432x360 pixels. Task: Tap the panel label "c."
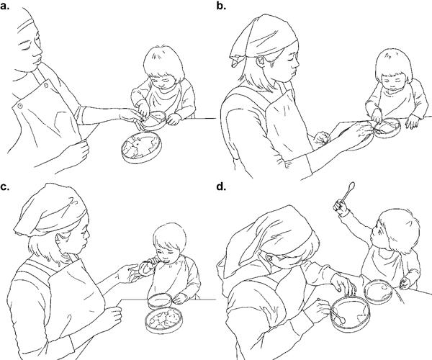(x=5, y=187)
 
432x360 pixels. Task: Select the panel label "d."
(x=221, y=186)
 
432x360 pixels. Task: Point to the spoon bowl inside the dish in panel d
(x=342, y=320)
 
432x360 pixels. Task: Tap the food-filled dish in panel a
(x=142, y=147)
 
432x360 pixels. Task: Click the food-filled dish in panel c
(x=163, y=320)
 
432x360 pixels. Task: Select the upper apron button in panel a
(x=46, y=85)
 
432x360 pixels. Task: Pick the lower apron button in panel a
(x=20, y=106)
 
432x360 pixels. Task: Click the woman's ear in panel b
(x=261, y=61)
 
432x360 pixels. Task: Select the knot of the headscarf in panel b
(x=235, y=60)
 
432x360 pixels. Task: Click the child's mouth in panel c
(x=166, y=260)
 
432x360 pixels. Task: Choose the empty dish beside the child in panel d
(x=378, y=292)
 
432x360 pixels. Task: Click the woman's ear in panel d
(x=269, y=258)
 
